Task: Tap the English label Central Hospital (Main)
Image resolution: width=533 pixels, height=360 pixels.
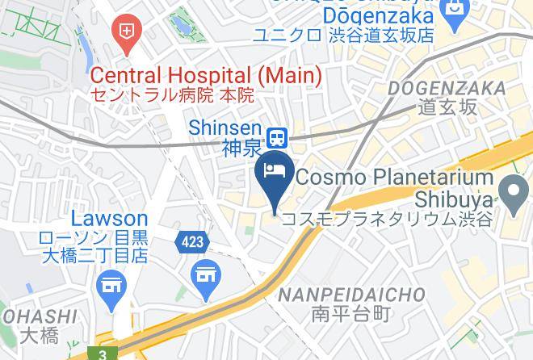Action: (206, 76)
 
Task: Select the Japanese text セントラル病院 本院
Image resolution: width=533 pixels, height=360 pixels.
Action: (172, 95)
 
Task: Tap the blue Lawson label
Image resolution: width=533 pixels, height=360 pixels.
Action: (109, 219)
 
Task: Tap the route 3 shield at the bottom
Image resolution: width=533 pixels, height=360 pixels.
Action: (104, 353)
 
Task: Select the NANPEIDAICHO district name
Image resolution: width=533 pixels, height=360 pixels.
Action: (351, 295)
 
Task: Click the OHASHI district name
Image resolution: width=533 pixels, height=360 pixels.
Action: (40, 317)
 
